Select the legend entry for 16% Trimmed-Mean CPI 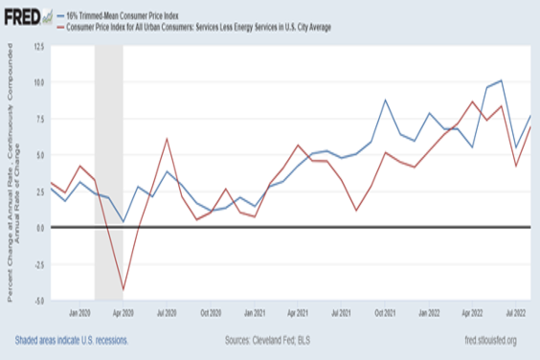click(x=121, y=16)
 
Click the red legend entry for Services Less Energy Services click(x=198, y=27)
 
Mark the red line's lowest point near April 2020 click(x=123, y=289)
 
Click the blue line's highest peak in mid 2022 click(x=501, y=81)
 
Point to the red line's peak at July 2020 click(x=166, y=139)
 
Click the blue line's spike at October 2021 click(x=385, y=100)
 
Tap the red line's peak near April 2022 click(x=472, y=101)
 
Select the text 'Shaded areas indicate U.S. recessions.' click(x=72, y=340)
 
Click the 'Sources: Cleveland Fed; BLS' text click(x=267, y=340)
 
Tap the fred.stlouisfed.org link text click(x=490, y=340)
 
